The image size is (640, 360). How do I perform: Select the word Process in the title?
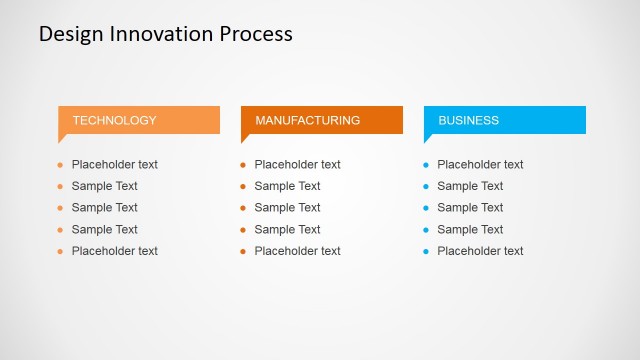click(254, 33)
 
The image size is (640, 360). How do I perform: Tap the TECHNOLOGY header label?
click(114, 120)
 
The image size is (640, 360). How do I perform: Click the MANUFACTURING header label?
click(307, 120)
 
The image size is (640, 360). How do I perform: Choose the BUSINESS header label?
click(468, 120)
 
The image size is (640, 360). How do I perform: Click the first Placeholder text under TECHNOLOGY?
click(114, 164)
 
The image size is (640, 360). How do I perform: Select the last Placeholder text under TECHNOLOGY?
click(114, 251)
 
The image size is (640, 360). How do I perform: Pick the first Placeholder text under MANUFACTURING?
click(297, 164)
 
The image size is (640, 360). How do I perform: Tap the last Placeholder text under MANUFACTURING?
click(297, 251)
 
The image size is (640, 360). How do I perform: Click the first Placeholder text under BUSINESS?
click(480, 164)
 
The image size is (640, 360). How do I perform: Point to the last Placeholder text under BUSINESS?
click(480, 251)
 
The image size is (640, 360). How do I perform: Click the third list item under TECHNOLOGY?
click(104, 208)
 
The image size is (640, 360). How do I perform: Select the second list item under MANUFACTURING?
click(287, 186)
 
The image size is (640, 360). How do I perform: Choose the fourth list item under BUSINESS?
click(470, 229)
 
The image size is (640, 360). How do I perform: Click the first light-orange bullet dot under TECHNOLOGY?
click(60, 165)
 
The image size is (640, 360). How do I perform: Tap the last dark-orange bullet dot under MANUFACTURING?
click(243, 252)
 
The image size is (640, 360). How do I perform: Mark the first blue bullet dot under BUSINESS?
click(426, 165)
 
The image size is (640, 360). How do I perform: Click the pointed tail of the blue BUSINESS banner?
click(427, 139)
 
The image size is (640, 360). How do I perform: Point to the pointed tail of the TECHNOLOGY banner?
click(61, 139)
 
